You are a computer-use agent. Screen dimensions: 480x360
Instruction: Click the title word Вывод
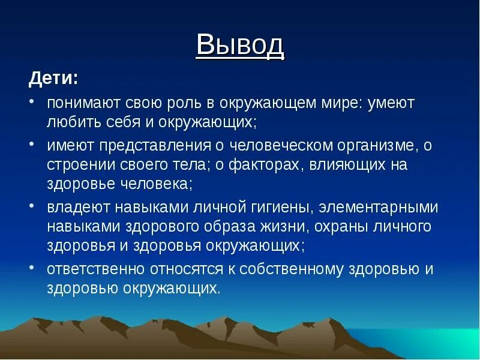tap(241, 45)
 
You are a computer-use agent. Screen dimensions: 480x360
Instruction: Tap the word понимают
tap(83, 103)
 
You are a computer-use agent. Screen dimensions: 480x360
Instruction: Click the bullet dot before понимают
tap(32, 101)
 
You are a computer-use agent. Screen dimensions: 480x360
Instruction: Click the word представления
tap(155, 146)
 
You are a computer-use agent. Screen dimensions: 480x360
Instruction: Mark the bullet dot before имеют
tap(32, 143)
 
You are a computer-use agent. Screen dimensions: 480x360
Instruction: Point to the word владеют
tap(79, 207)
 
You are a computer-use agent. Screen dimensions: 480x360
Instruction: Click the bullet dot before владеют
tap(32, 205)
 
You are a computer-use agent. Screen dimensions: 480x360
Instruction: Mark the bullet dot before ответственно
tap(32, 267)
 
